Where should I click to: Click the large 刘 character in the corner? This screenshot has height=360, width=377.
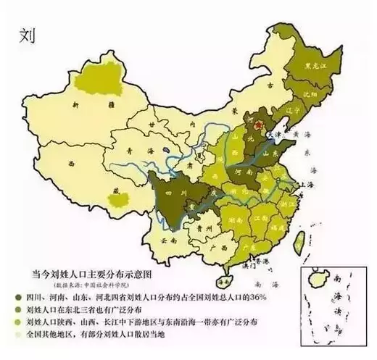[28, 35]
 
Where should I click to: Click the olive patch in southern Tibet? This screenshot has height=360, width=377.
[113, 191]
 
